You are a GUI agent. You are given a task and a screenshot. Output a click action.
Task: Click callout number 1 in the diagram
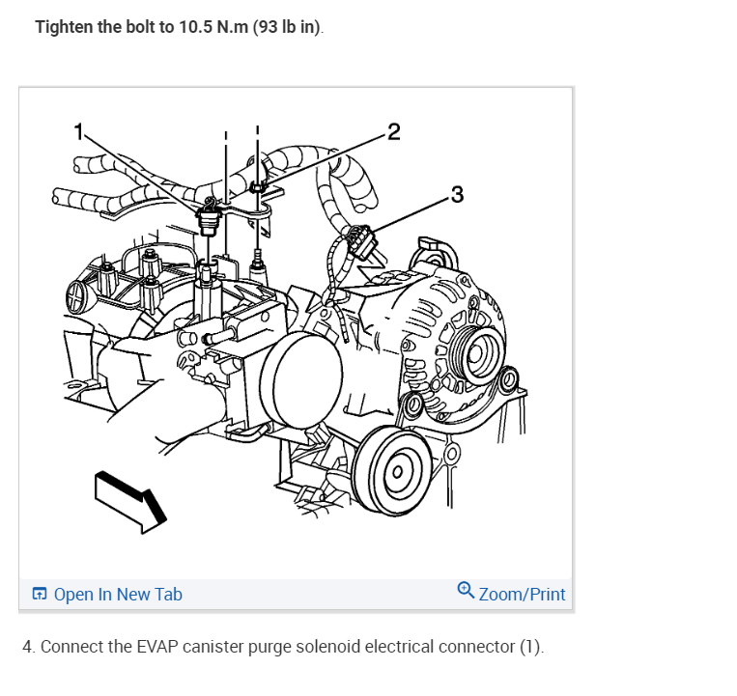[79, 131]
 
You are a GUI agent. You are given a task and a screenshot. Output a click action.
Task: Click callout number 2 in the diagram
[394, 132]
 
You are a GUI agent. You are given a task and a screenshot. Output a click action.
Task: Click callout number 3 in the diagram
[457, 194]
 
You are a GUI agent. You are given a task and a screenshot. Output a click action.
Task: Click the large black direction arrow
[130, 502]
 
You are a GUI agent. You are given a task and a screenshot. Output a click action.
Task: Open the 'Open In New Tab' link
[118, 594]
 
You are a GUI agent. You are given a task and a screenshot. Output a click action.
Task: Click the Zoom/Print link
[522, 594]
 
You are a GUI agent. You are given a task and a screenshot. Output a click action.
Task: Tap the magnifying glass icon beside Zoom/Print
[466, 590]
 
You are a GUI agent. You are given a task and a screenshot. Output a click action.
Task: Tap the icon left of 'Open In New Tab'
[40, 594]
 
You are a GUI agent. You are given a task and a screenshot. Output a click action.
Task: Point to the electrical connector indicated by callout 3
[360, 241]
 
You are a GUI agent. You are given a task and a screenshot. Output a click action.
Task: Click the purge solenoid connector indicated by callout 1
[208, 219]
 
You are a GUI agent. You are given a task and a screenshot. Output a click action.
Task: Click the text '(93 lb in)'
[287, 27]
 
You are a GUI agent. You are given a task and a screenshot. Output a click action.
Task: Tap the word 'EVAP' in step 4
[157, 647]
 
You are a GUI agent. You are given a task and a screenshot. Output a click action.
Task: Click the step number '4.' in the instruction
[29, 647]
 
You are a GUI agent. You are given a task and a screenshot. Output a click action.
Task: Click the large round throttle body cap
[301, 380]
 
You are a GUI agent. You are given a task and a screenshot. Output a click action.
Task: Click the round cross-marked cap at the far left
[76, 296]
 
